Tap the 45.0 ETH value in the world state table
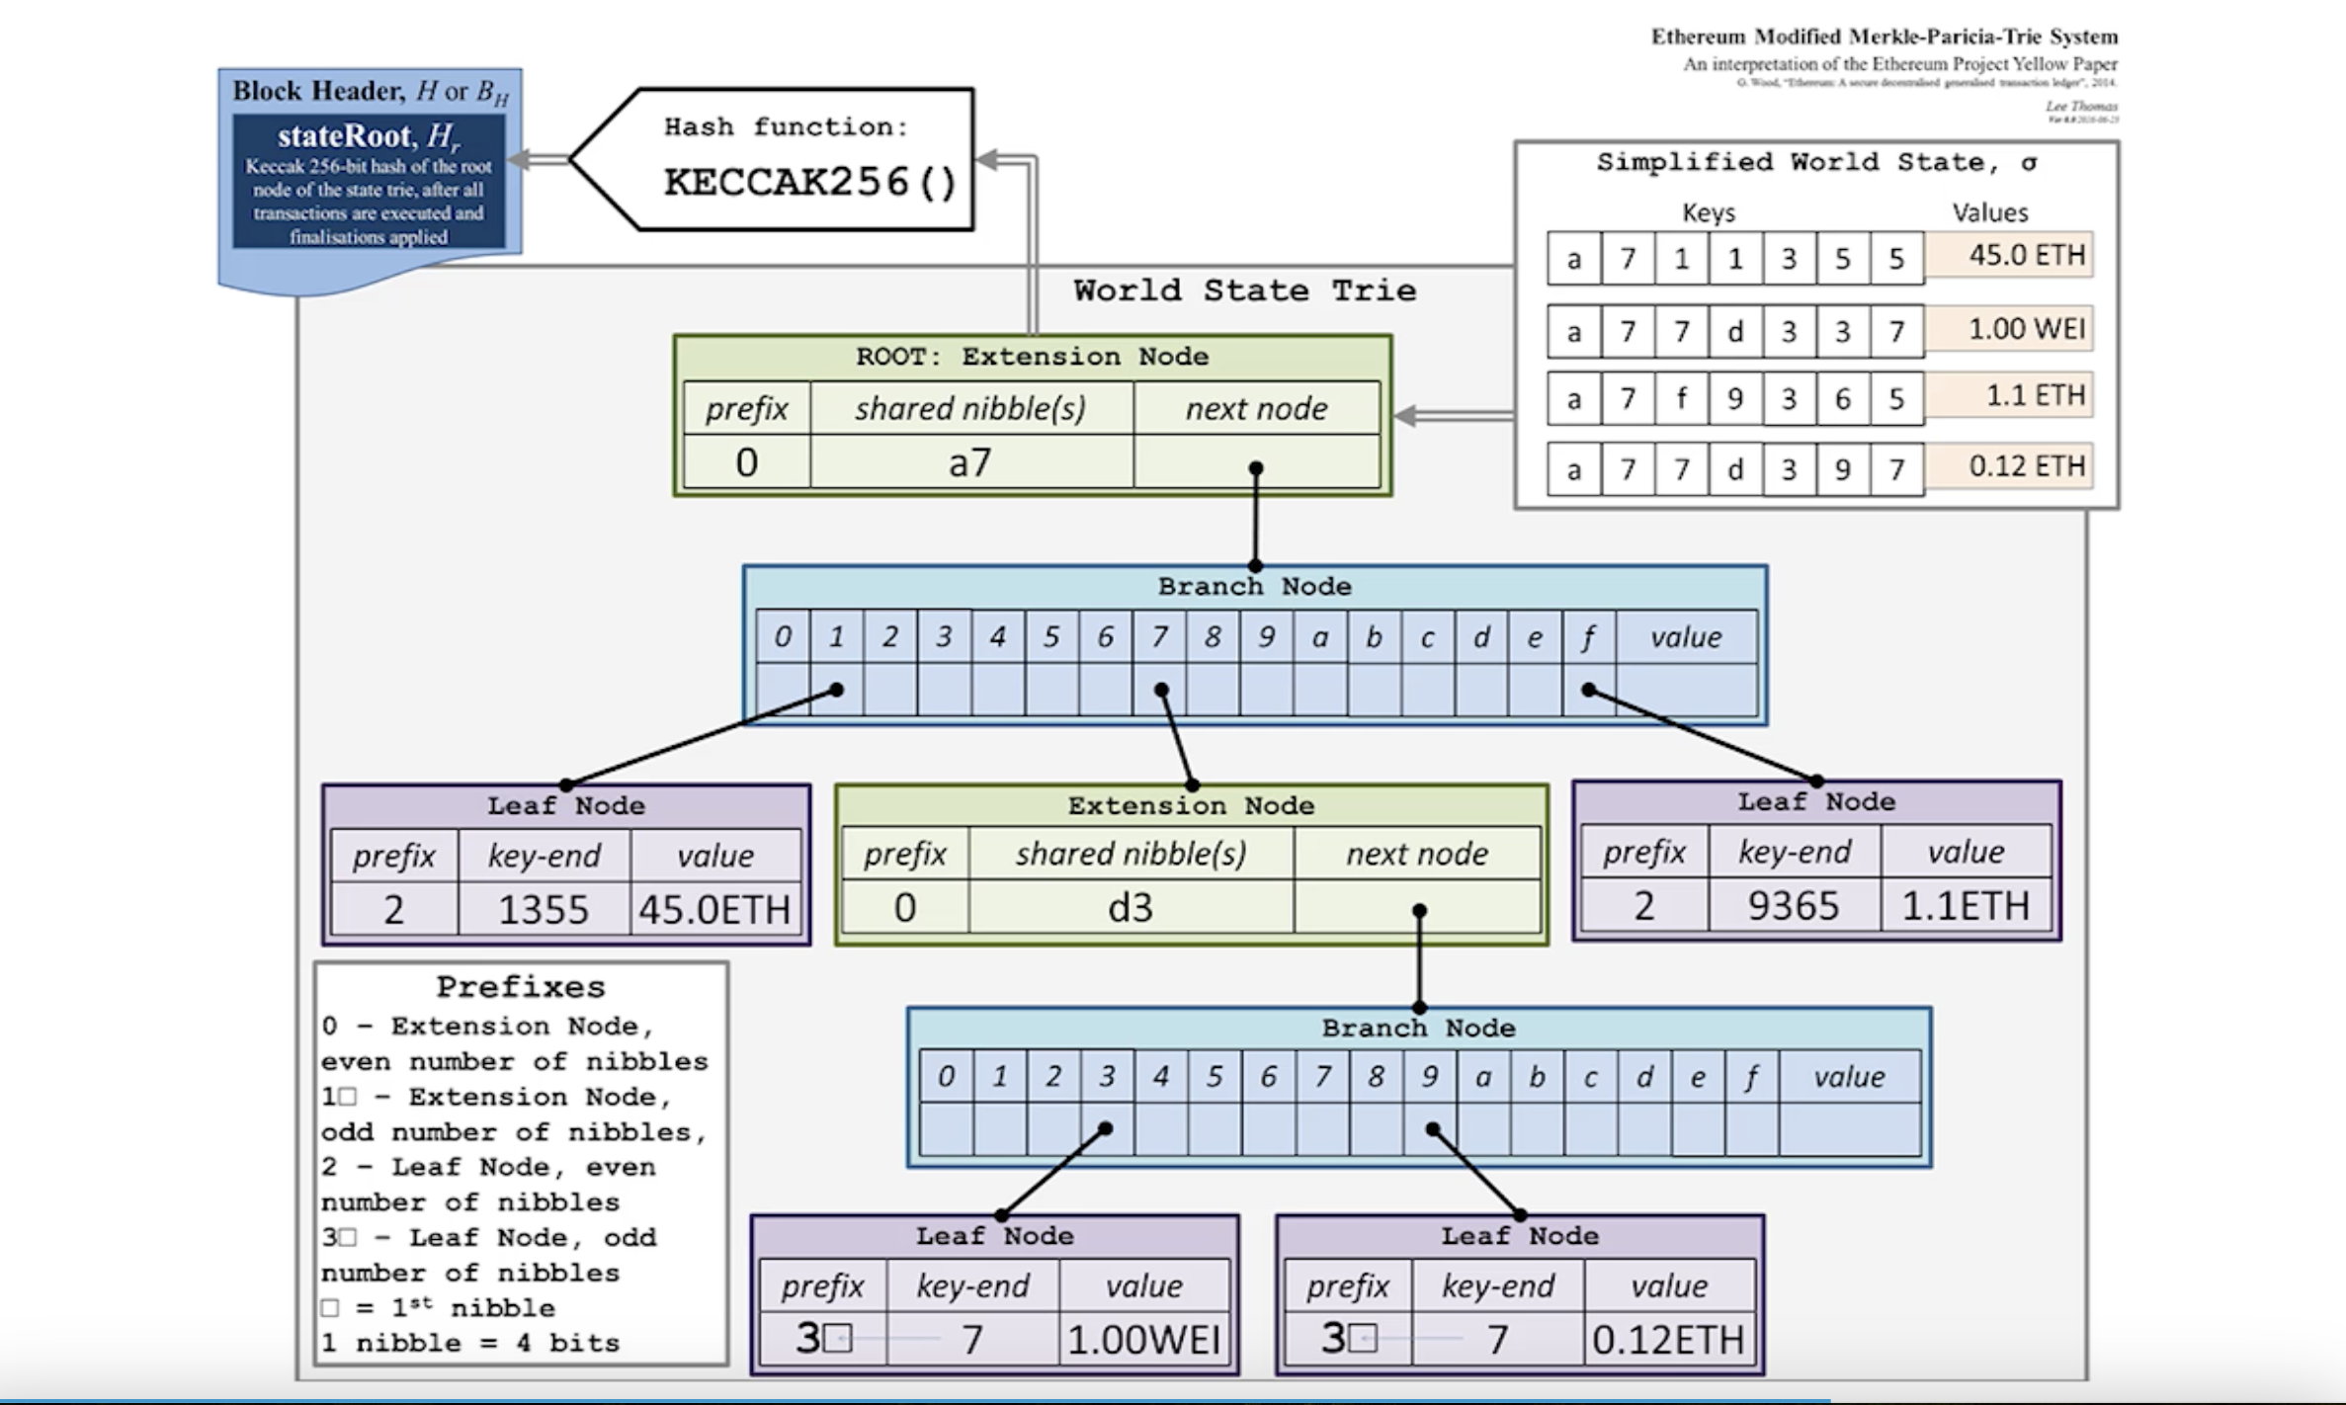tap(2026, 255)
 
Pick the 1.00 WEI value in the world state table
tap(2026, 328)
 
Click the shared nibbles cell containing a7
tap(970, 462)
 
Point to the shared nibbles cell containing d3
tap(1131, 907)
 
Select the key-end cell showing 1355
tap(544, 909)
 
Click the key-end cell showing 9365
tap(1794, 905)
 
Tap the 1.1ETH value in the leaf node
tap(1966, 905)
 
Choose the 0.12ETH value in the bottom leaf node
tap(1668, 1340)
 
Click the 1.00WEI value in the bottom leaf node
tap(1143, 1340)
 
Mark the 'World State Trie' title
tap(1244, 290)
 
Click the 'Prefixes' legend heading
tap(521, 987)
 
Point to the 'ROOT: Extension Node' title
tap(1032, 357)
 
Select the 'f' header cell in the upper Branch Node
tap(1588, 637)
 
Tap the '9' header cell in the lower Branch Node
tap(1429, 1077)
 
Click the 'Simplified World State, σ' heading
tap(1816, 162)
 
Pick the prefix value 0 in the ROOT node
tap(747, 462)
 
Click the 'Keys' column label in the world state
tap(1709, 212)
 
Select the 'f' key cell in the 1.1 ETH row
tap(1681, 398)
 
